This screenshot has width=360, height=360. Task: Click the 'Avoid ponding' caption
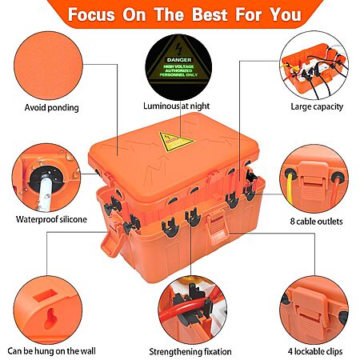click(51, 108)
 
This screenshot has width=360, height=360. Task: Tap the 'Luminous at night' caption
click(176, 106)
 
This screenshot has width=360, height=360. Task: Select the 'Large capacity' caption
click(317, 106)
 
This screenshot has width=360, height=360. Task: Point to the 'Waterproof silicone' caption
click(51, 219)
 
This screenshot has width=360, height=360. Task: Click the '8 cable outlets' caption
click(316, 222)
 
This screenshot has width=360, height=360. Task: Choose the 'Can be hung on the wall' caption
click(51, 351)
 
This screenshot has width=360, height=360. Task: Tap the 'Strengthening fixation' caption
click(190, 352)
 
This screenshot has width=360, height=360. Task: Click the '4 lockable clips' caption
click(315, 351)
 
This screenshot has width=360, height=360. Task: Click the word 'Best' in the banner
click(210, 14)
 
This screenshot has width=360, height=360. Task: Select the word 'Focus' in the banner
click(91, 14)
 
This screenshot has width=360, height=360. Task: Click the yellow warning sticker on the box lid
click(175, 142)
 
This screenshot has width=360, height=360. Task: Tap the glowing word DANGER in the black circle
click(179, 60)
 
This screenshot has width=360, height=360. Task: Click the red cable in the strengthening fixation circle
click(184, 307)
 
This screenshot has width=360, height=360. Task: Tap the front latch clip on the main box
click(218, 226)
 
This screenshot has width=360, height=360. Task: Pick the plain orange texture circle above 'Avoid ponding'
click(48, 66)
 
